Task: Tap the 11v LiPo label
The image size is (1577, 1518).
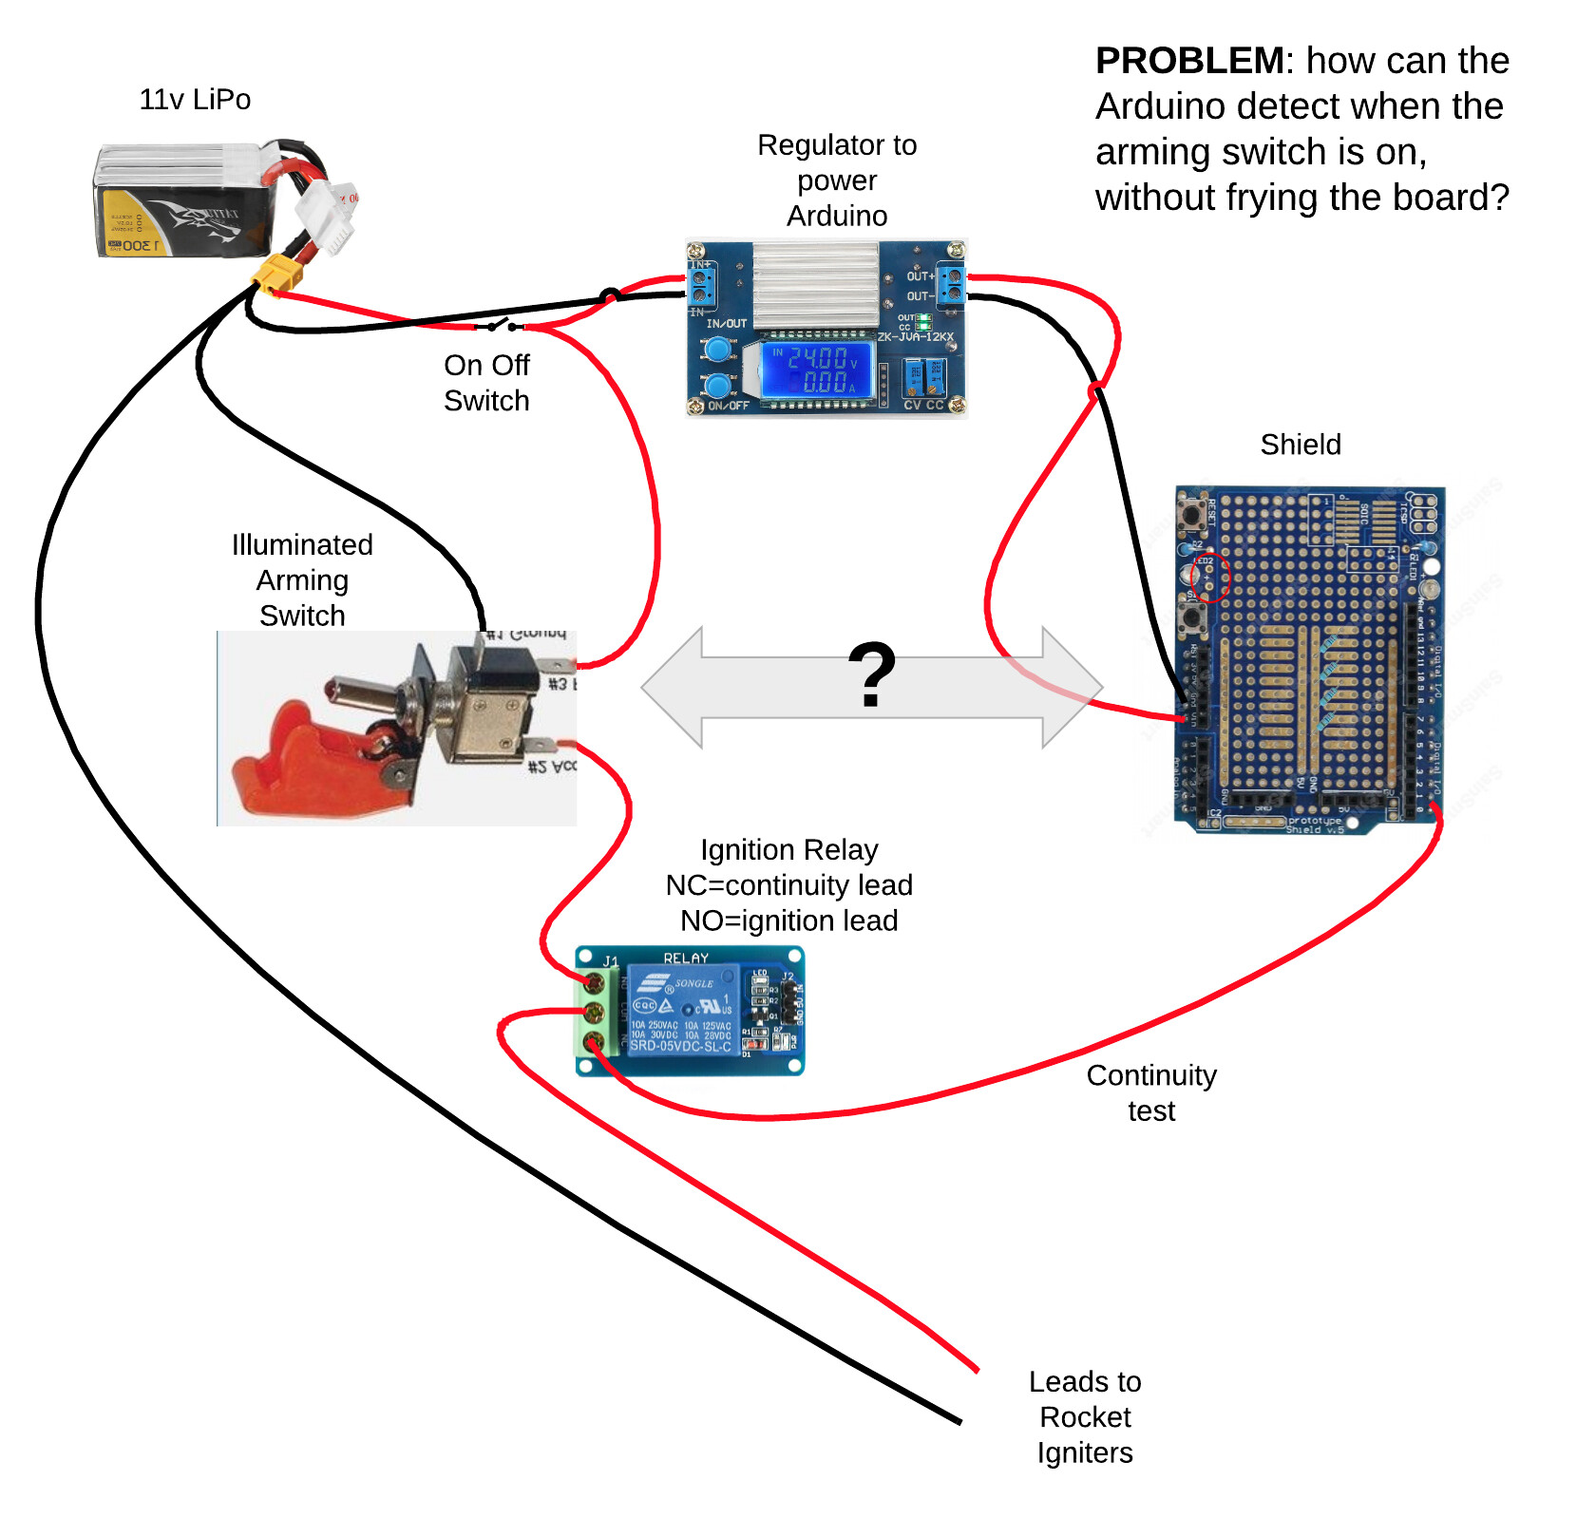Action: (195, 100)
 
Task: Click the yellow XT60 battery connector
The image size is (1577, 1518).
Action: (278, 275)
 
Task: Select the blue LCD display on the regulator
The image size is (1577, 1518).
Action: (816, 370)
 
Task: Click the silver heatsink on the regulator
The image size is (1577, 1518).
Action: (815, 284)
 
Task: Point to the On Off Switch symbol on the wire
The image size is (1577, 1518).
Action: (501, 325)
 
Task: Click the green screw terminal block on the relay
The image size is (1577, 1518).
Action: (591, 1012)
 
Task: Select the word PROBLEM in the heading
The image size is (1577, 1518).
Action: (1189, 61)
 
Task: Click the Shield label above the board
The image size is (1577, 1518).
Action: (1300, 445)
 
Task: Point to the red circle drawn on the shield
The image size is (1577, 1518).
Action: (1210, 576)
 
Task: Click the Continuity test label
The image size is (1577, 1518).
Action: (1150, 1092)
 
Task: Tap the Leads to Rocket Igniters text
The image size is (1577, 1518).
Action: (1085, 1416)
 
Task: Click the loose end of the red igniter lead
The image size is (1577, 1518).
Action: (976, 1369)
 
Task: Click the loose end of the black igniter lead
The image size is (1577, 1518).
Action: (959, 1421)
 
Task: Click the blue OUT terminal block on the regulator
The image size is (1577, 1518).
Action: (950, 285)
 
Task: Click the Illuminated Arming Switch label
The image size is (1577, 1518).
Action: (302, 579)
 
